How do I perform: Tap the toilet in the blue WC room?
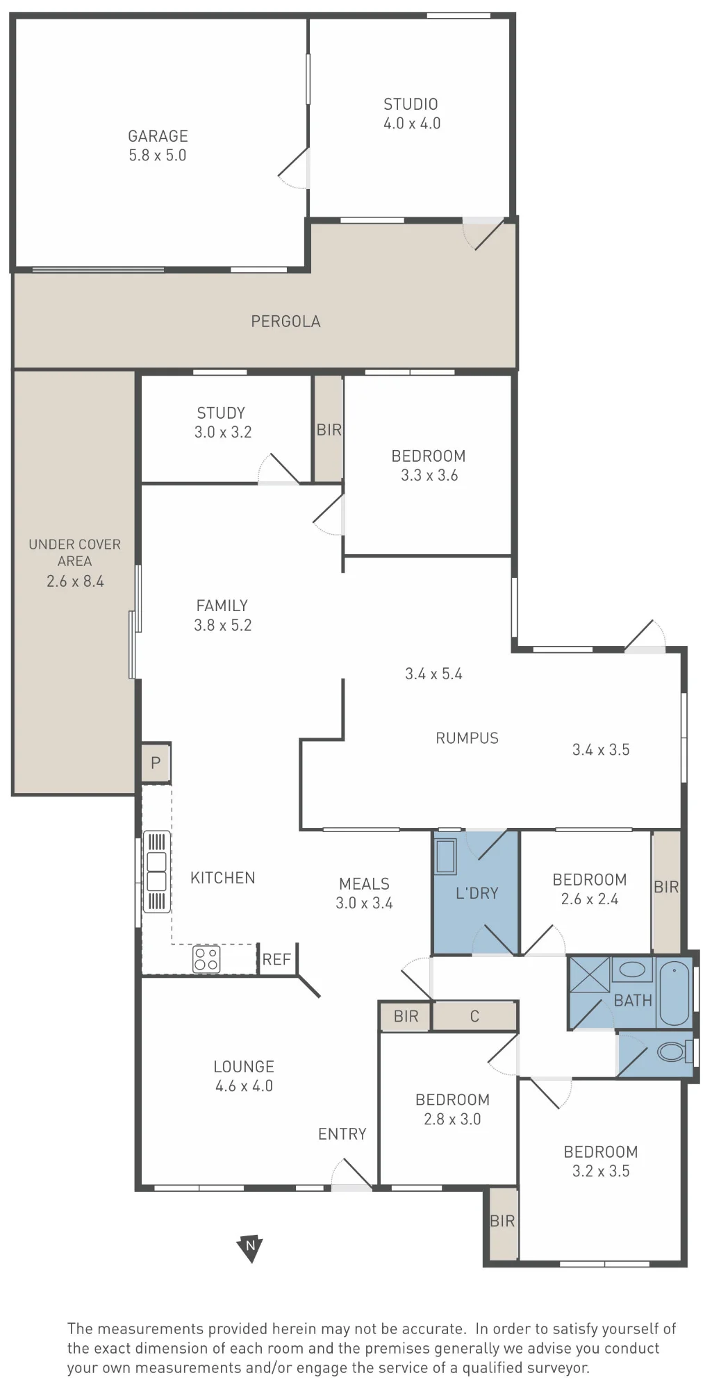[x=674, y=1051]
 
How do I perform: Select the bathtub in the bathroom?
[x=674, y=992]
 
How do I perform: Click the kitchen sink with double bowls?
[x=157, y=872]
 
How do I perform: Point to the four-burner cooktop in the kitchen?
[x=206, y=959]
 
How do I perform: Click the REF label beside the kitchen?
[x=276, y=959]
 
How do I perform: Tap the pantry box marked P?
[x=156, y=763]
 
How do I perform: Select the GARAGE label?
[x=158, y=136]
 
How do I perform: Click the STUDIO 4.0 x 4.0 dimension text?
[x=412, y=124]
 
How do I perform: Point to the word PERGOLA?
[x=285, y=322]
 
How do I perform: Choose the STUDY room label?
[x=221, y=413]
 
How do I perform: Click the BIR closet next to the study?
[x=329, y=429]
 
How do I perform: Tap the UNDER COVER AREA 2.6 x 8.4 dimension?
[x=75, y=581]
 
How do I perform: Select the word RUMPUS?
[x=467, y=738]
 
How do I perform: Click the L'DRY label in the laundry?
[x=477, y=893]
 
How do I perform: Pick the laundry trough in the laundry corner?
[x=445, y=856]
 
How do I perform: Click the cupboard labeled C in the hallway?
[x=475, y=1016]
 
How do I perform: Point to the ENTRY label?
[x=342, y=1134]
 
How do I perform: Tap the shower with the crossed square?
[x=590, y=975]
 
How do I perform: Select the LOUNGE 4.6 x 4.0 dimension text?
[x=244, y=1086]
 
